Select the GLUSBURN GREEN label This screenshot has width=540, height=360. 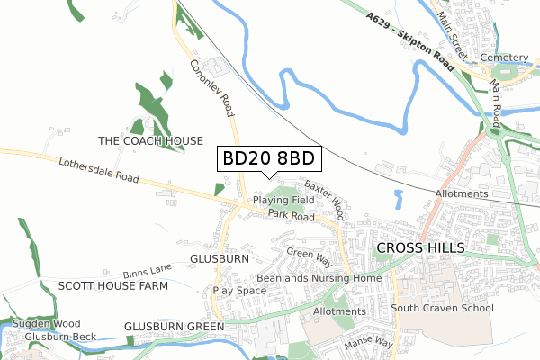tap(174, 326)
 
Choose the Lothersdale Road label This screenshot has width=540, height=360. tap(98, 171)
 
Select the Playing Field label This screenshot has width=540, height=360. tap(283, 199)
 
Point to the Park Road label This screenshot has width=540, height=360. tap(290, 216)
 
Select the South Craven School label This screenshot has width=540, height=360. tap(442, 308)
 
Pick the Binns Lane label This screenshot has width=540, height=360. tap(148, 270)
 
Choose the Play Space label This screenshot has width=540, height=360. tap(239, 291)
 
